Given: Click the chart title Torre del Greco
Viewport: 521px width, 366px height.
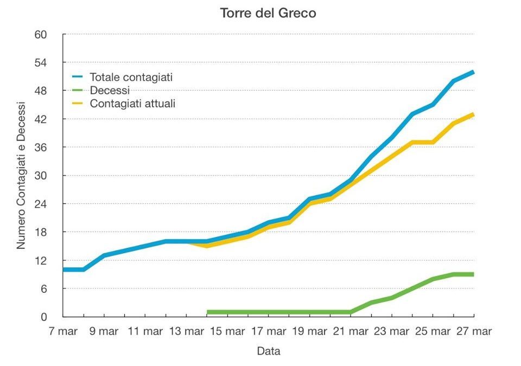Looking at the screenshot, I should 268,13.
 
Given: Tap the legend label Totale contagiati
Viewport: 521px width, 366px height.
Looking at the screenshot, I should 131,78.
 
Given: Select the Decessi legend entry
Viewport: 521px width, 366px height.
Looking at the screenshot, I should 110,91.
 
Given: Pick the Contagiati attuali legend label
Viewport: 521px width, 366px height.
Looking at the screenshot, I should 132,103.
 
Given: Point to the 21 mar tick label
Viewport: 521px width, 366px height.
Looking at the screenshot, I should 350,331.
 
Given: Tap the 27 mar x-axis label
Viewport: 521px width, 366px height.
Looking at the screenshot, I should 473,331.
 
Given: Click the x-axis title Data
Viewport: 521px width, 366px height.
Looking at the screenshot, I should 268,351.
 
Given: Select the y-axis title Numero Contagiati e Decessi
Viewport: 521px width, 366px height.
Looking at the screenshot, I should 21,175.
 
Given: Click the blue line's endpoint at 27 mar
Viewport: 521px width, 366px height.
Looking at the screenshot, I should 473,72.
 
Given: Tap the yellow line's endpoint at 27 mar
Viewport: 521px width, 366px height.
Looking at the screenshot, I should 473,114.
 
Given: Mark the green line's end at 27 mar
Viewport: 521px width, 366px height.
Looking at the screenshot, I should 473,274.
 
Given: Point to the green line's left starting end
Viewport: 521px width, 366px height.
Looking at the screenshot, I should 208,312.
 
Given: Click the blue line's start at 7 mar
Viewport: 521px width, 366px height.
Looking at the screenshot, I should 64,269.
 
